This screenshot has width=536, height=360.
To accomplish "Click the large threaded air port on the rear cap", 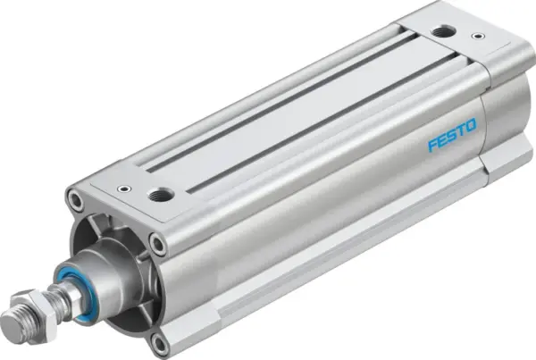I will coord(440,32).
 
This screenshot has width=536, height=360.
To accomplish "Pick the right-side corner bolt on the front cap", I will coord(157,244).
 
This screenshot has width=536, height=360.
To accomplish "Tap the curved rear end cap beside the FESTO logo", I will coord(500,116).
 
